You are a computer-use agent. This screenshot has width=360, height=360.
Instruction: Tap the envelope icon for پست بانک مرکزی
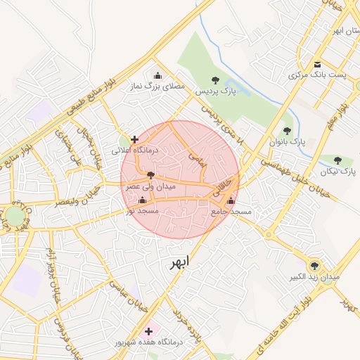pos(318,64)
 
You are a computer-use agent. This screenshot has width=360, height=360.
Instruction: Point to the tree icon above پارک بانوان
pos(287,130)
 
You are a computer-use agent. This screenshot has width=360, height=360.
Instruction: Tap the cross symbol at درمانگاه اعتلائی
pos(134,139)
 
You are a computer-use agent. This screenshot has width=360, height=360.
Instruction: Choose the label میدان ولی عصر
pos(150,187)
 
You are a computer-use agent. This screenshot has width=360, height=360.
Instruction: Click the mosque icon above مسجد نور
pos(143,200)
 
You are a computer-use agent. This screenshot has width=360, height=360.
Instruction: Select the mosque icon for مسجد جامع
pos(231,201)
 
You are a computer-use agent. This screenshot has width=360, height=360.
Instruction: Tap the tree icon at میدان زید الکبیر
pos(314,265)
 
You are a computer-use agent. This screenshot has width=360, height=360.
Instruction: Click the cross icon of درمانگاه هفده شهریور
pos(148,330)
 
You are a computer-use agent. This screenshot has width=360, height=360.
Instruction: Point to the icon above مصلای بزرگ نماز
pos(157,75)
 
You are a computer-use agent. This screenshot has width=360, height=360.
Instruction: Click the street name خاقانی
pos(222,184)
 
